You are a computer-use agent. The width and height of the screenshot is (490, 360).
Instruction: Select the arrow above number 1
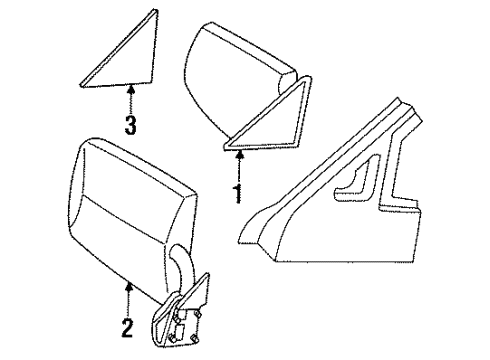[x=236, y=162]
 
